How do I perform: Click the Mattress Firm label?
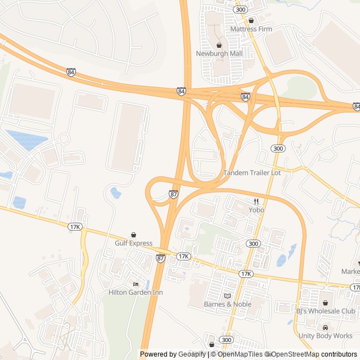(x=251, y=29)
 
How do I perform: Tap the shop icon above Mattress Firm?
(x=251, y=20)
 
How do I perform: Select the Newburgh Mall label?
(x=219, y=53)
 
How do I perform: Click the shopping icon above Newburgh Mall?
(x=219, y=45)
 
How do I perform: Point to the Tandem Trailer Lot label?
(x=252, y=173)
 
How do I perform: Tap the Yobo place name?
(x=256, y=210)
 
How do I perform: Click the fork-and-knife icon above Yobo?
(x=256, y=201)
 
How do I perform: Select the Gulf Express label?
(x=133, y=243)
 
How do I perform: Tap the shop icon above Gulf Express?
(x=133, y=235)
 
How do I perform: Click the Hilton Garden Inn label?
(x=136, y=292)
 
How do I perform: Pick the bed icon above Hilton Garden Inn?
(x=136, y=284)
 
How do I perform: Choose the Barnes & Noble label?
(x=227, y=304)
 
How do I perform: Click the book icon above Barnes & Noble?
(x=227, y=296)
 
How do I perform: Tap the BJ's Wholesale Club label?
(x=326, y=311)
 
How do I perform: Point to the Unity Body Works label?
(x=326, y=336)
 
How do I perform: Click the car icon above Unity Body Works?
(x=326, y=327)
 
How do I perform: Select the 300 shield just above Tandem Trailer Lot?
(x=277, y=148)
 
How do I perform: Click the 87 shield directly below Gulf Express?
(x=161, y=258)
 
